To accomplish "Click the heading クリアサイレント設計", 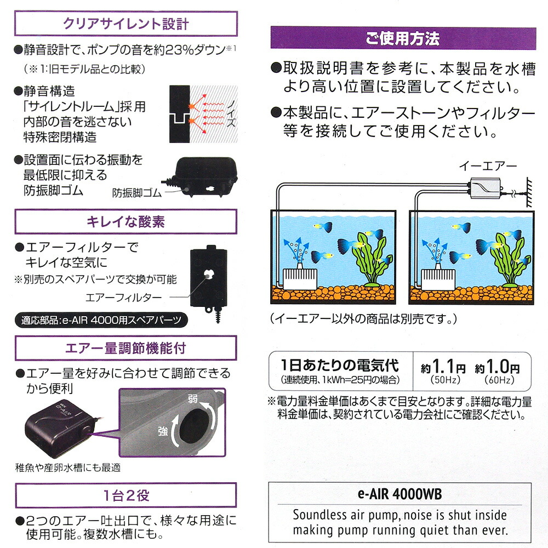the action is pyautogui.click(x=126, y=24).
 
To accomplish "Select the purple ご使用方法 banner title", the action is pyautogui.click(x=403, y=38).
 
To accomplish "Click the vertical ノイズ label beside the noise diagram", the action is pyautogui.click(x=231, y=113).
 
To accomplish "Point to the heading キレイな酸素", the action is pyautogui.click(x=126, y=221).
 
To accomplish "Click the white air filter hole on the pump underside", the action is pyautogui.click(x=208, y=275).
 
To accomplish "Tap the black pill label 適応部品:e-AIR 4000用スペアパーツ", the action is pyautogui.click(x=101, y=320).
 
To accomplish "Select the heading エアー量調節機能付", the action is pyautogui.click(x=126, y=348).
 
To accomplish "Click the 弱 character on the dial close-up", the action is pyautogui.click(x=192, y=399).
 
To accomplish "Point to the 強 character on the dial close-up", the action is pyautogui.click(x=163, y=431).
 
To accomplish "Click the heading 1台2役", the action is pyautogui.click(x=126, y=495).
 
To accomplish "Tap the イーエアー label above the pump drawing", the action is pyautogui.click(x=488, y=165).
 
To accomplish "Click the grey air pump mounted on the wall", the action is pyautogui.click(x=485, y=189).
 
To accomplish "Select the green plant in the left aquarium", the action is pyautogui.click(x=370, y=258).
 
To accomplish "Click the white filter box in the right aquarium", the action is pyautogui.click(x=438, y=278).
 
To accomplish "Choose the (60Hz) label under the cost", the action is pyautogui.click(x=499, y=380).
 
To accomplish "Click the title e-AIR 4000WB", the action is pyautogui.click(x=400, y=494).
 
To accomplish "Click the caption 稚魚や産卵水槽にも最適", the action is pyautogui.click(x=68, y=467).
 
